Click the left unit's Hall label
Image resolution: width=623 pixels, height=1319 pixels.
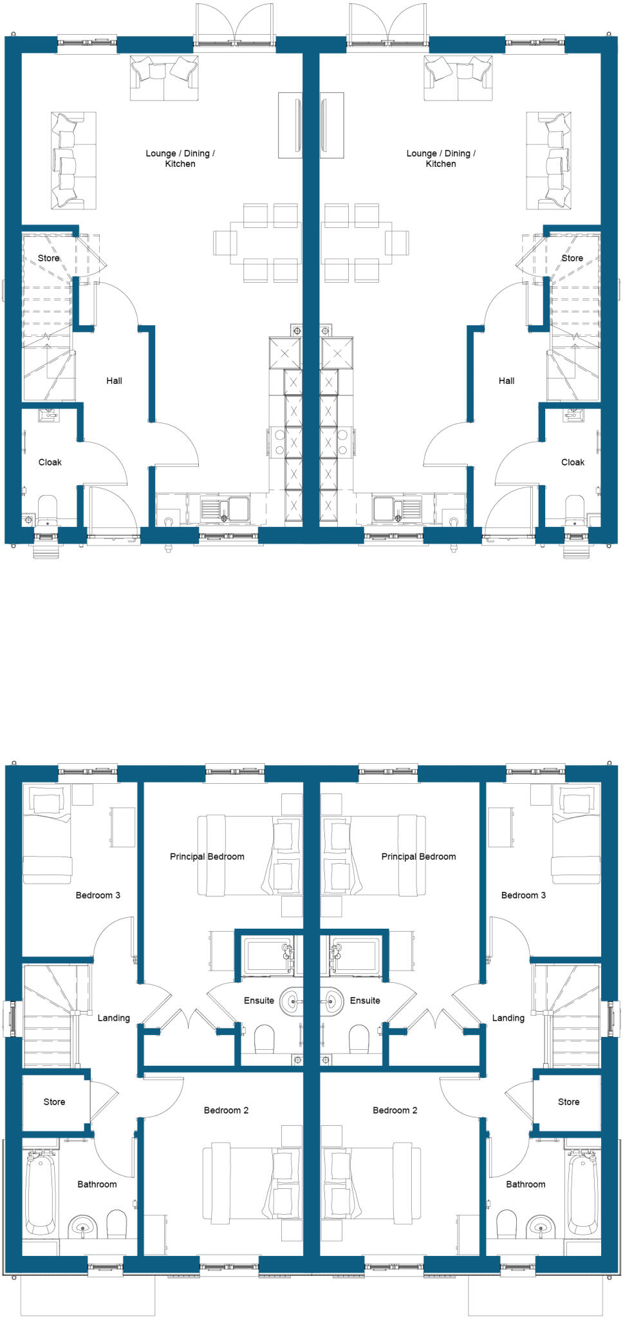(114, 381)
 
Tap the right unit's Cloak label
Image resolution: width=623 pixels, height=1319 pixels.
(572, 462)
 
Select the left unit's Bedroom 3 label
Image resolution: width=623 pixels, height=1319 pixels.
(98, 895)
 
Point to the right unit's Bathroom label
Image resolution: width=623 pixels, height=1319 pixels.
(525, 1184)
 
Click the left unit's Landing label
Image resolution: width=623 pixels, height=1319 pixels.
(113, 1018)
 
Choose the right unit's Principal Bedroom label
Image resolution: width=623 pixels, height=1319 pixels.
(418, 857)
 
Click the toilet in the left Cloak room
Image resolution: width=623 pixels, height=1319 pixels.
(48, 509)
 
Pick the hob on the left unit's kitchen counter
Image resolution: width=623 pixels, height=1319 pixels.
(279, 442)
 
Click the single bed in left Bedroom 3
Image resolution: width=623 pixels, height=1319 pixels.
(47, 834)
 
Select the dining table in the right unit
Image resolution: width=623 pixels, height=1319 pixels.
(356, 243)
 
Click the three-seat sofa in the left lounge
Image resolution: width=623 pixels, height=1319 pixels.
(73, 160)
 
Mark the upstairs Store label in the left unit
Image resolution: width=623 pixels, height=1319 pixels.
(54, 1102)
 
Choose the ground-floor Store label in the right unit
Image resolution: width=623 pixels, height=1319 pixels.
(572, 258)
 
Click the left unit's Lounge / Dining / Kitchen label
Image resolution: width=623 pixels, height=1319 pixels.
(180, 158)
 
